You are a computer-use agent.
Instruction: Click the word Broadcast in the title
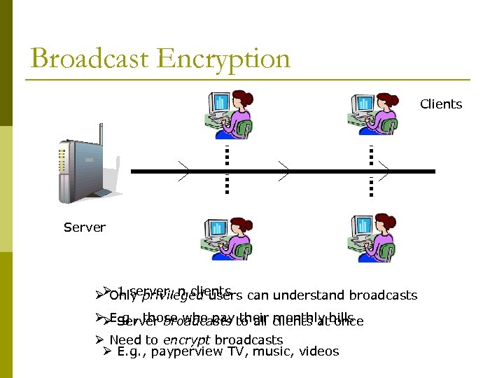[90, 58]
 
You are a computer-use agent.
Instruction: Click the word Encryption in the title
[224, 58]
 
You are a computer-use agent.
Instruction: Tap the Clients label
[441, 104]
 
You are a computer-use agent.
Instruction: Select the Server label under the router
[84, 227]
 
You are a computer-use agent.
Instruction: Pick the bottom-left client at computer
[227, 238]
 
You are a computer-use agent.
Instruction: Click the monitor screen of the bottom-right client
[363, 229]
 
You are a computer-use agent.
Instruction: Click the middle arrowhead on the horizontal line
[283, 171]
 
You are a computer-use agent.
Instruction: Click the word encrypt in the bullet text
[187, 340]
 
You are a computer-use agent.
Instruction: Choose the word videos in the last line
[319, 351]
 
